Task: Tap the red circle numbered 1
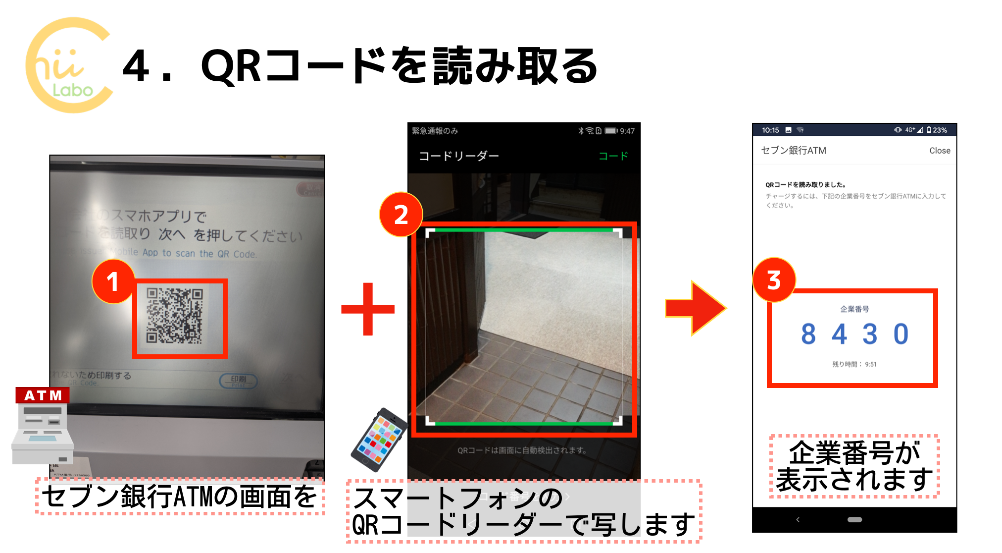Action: (113, 281)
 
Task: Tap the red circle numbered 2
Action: (401, 215)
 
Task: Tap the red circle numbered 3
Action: (774, 280)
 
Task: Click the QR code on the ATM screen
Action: (175, 316)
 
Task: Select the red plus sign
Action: (368, 309)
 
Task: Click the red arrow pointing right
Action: (695, 308)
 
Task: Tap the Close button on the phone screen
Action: (939, 151)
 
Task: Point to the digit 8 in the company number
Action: (808, 334)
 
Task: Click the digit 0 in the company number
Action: (901, 334)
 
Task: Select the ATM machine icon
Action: (43, 426)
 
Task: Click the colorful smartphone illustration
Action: (379, 439)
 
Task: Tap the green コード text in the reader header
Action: (613, 156)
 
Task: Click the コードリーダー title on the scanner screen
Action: (459, 156)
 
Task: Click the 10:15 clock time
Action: (770, 130)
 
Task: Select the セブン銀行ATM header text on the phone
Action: (794, 151)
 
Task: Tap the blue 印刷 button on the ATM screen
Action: (238, 380)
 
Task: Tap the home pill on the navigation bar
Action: (854, 520)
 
